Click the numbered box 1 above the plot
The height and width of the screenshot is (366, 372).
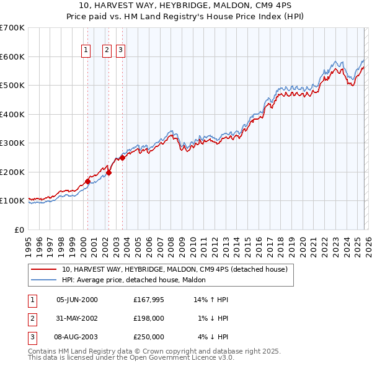click(x=85, y=51)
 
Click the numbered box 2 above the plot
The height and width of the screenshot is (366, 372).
click(x=107, y=51)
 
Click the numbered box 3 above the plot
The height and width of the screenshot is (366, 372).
click(x=120, y=51)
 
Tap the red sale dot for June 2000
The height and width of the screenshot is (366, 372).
click(x=87, y=181)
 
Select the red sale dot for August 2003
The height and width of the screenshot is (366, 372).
click(x=123, y=158)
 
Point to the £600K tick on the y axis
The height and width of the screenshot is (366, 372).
click(x=12, y=56)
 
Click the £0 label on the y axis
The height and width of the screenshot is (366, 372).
click(x=19, y=230)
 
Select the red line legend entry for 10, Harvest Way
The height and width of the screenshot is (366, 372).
click(x=174, y=270)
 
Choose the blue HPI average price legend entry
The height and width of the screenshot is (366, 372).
click(x=137, y=280)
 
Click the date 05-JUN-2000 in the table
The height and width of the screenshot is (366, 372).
click(x=77, y=300)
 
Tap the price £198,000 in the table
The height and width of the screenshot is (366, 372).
click(x=148, y=318)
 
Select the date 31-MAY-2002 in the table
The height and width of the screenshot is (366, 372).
click(x=77, y=318)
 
